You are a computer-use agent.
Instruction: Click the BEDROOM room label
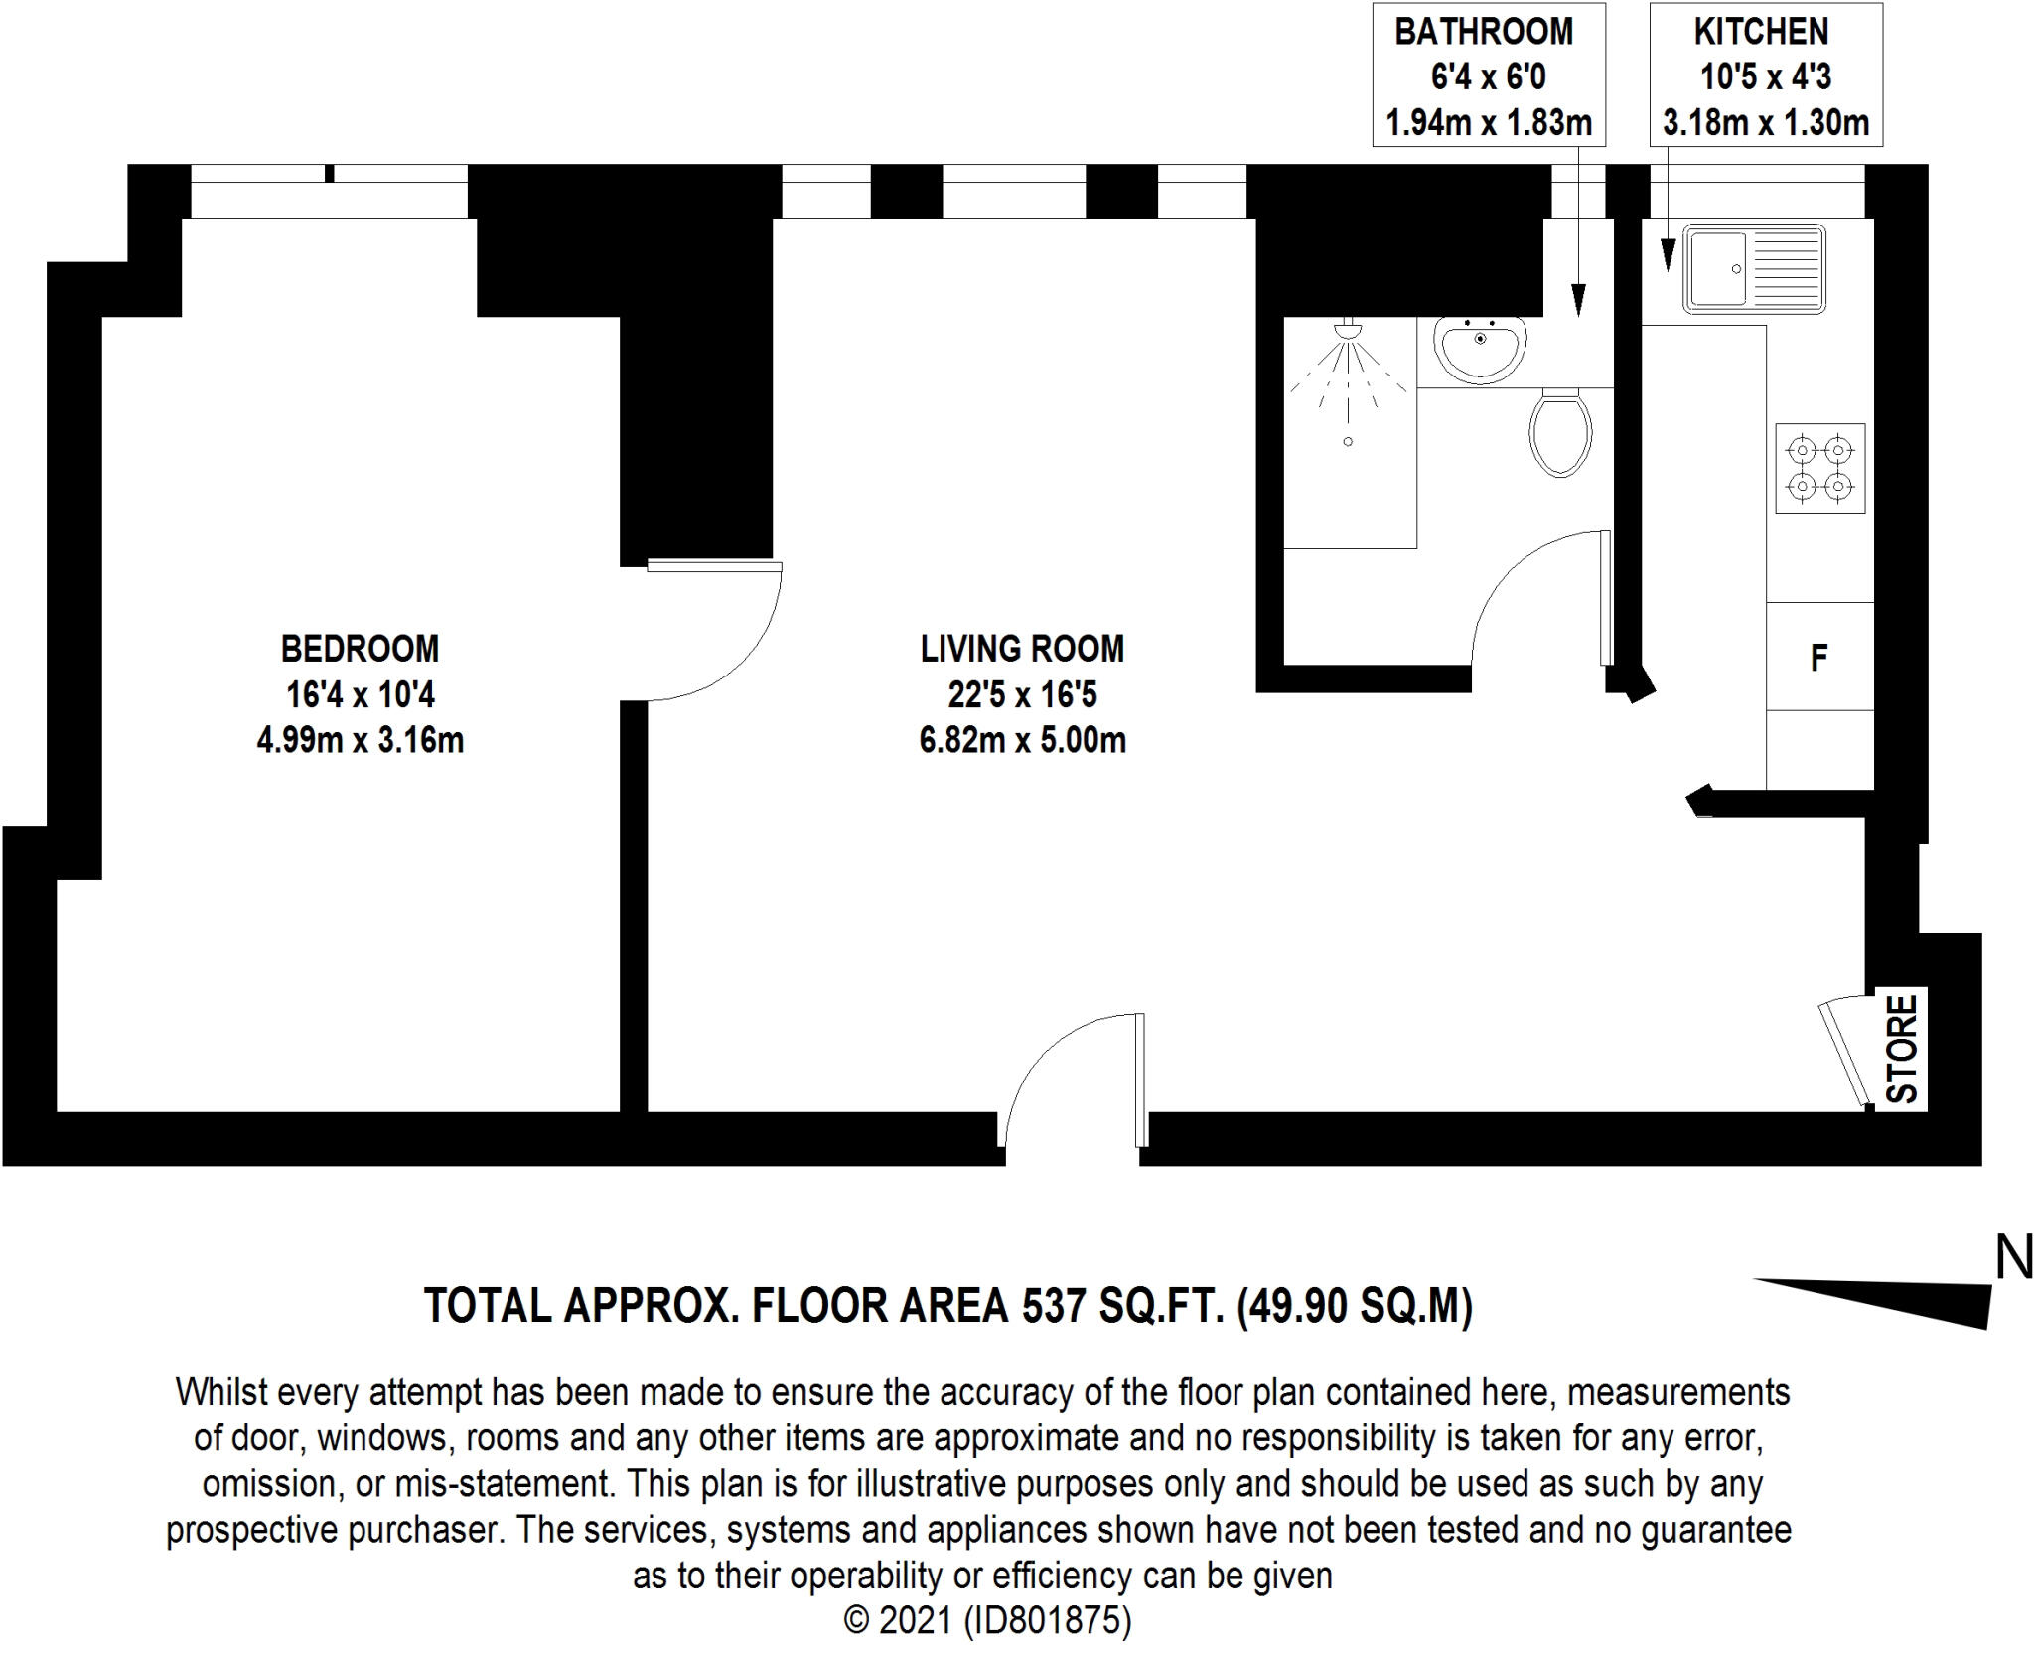[360, 649]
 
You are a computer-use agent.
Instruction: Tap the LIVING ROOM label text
[1022, 649]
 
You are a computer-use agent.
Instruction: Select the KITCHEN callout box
[1765, 75]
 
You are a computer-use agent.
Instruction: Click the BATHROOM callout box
[1488, 75]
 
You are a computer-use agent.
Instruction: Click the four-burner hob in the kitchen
[1819, 469]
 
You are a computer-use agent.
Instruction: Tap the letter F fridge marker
[1818, 658]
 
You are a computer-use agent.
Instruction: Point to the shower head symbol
[1348, 328]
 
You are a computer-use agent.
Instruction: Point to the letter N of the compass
[2013, 1259]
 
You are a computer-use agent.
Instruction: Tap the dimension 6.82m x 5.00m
[1022, 741]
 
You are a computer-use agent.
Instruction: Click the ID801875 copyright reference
[1046, 1621]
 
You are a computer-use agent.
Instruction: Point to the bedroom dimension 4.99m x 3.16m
[360, 741]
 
